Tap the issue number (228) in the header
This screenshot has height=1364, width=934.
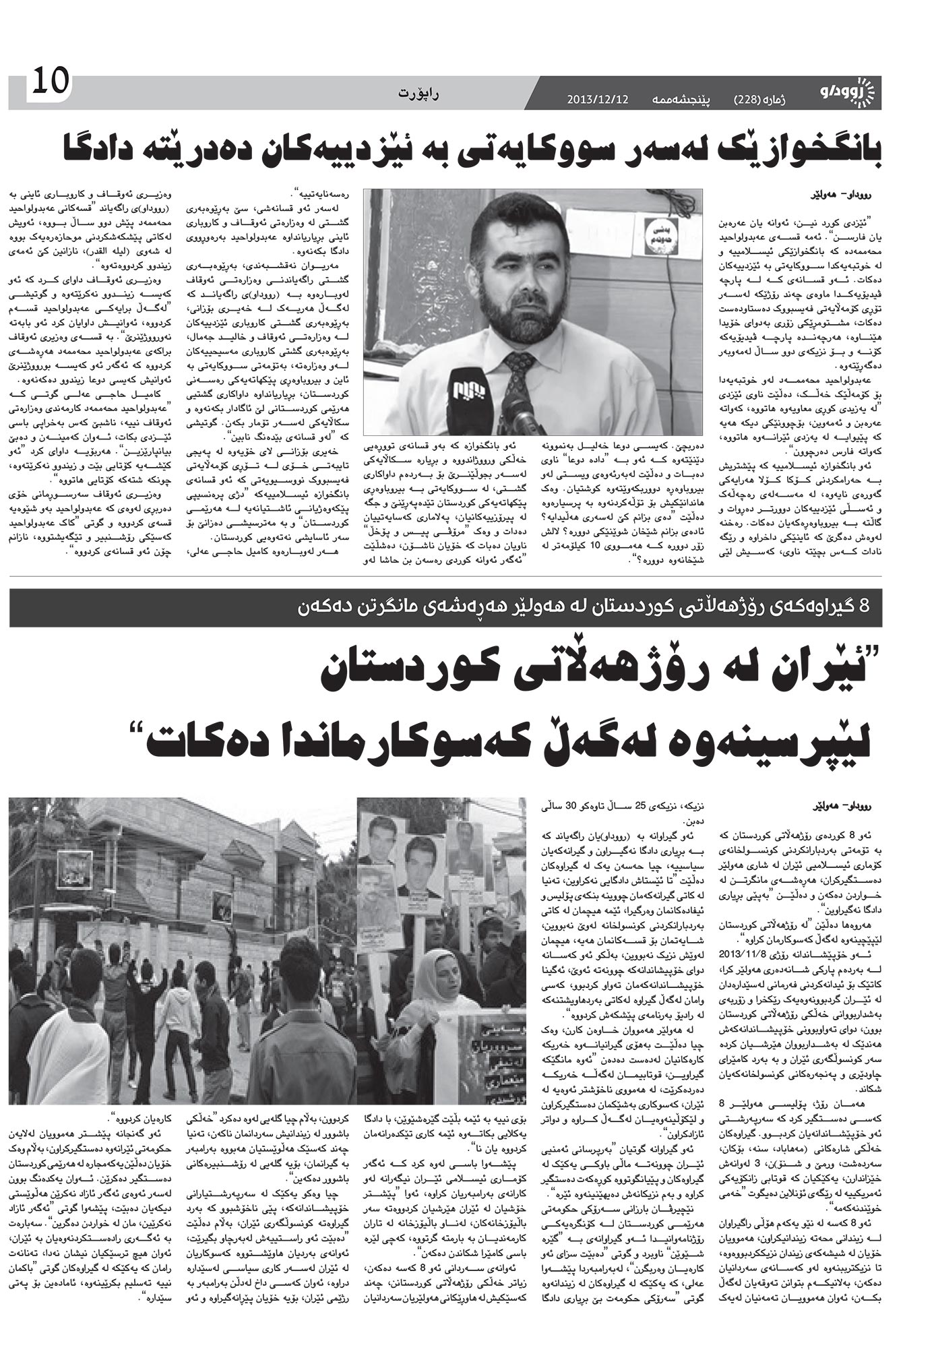[751, 98]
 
